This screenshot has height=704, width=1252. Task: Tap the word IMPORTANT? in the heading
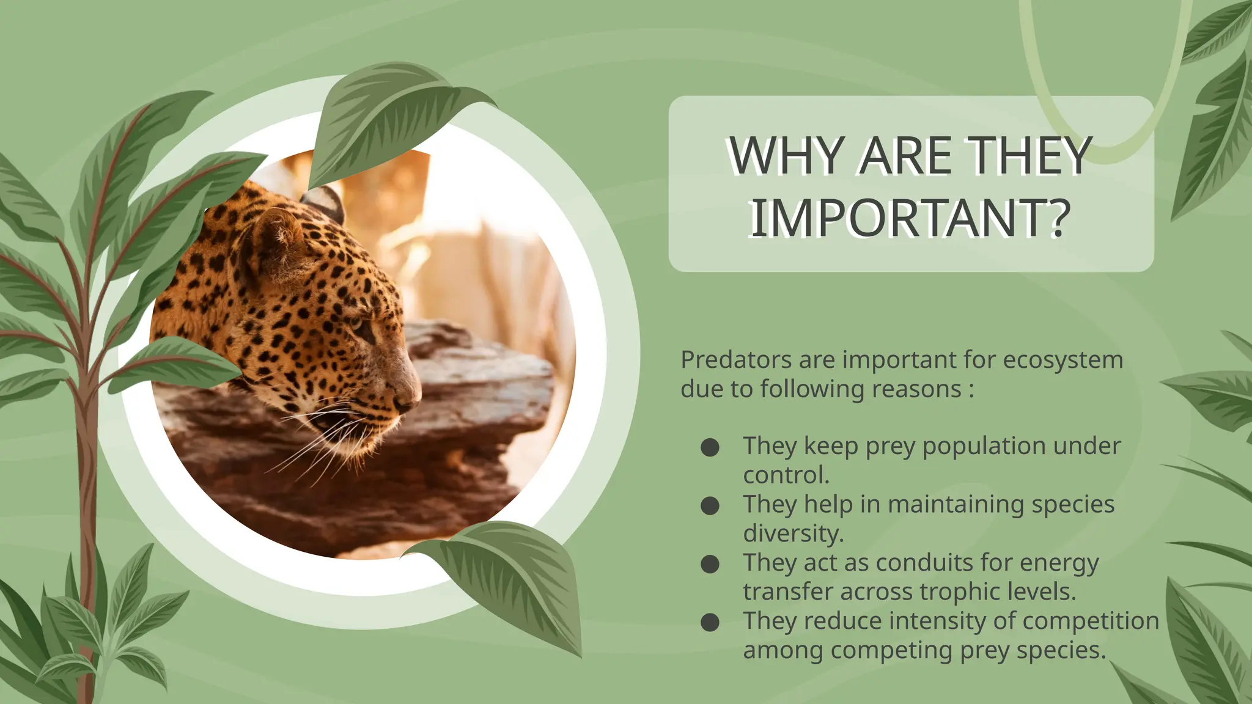(910, 218)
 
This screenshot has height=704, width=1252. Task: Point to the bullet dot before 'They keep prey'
(710, 447)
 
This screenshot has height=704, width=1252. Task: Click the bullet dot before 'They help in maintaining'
(710, 506)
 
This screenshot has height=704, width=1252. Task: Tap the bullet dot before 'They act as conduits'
(710, 564)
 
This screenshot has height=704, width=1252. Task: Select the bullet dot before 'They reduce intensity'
(710, 623)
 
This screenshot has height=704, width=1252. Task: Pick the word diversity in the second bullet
(792, 533)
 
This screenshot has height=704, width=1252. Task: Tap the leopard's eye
(356, 322)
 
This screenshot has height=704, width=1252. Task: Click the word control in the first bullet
(785, 475)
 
